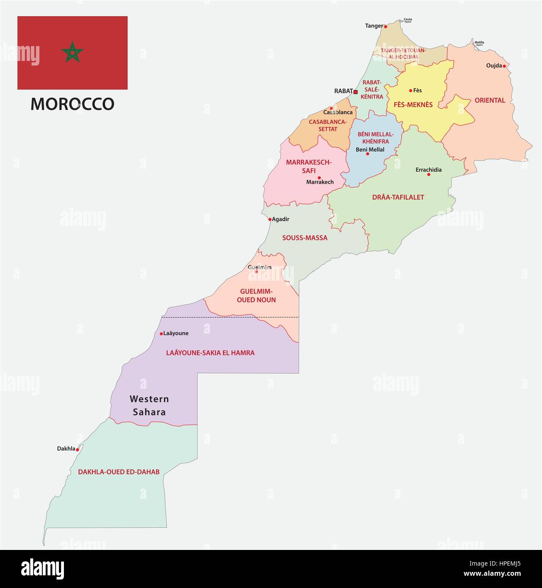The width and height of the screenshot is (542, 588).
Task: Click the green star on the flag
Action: pyautogui.click(x=72, y=52)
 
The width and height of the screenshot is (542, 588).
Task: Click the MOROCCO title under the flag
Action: pyautogui.click(x=72, y=104)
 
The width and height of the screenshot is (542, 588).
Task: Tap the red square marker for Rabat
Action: pyautogui.click(x=356, y=92)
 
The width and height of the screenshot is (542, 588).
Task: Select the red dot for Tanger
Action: pyautogui.click(x=385, y=26)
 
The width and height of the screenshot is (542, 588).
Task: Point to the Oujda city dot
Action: pyautogui.click(x=504, y=66)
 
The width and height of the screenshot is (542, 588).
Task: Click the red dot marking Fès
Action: pyautogui.click(x=410, y=91)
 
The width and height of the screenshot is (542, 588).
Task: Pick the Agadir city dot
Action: pyautogui.click(x=270, y=219)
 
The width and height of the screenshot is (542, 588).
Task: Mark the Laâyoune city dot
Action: pyautogui.click(x=161, y=334)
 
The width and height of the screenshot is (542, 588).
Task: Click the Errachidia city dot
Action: pyautogui.click(x=429, y=174)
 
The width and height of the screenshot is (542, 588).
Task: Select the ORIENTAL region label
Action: pyautogui.click(x=490, y=101)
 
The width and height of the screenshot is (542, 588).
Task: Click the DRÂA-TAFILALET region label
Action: pyautogui.click(x=398, y=197)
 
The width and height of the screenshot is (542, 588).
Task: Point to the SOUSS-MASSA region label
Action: pyautogui.click(x=305, y=238)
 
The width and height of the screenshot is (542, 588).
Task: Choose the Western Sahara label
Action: pyautogui.click(x=149, y=405)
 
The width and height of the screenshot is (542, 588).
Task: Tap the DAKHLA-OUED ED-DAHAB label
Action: pyautogui.click(x=119, y=472)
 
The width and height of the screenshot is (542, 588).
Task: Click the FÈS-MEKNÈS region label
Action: pyautogui.click(x=413, y=104)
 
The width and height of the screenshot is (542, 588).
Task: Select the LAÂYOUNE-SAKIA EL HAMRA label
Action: pyautogui.click(x=210, y=352)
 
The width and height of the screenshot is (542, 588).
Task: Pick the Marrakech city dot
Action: pyautogui.click(x=319, y=178)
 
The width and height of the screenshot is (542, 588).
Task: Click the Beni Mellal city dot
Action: pyautogui.click(x=368, y=154)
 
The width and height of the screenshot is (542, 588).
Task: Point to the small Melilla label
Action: pyautogui.click(x=479, y=43)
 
